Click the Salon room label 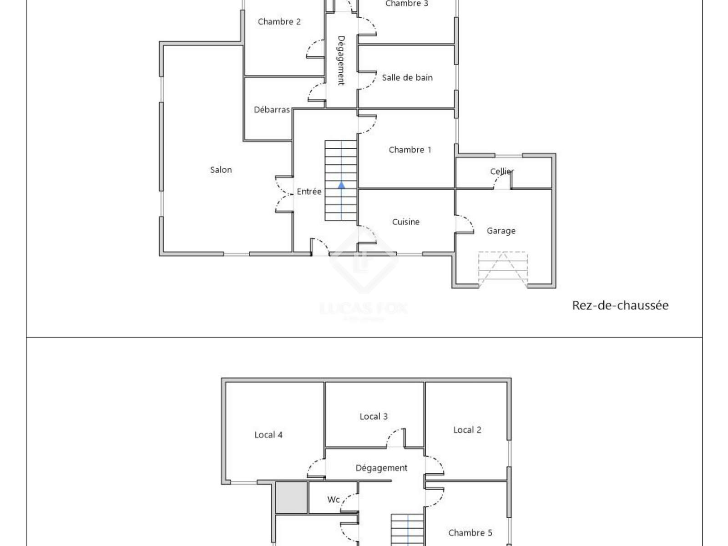click(x=221, y=170)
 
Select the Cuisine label click(x=405, y=222)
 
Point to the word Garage click(x=501, y=231)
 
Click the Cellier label click(x=502, y=172)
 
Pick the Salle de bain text click(x=407, y=77)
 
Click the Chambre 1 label click(x=410, y=150)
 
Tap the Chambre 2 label click(x=279, y=21)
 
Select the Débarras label click(x=272, y=109)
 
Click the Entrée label click(x=309, y=191)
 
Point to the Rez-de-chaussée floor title click(x=620, y=305)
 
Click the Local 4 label click(x=268, y=435)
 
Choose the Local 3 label click(x=374, y=416)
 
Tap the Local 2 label click(x=467, y=430)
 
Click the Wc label click(x=334, y=499)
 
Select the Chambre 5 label click(x=470, y=533)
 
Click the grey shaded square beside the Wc click(x=291, y=498)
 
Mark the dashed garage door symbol click(x=503, y=269)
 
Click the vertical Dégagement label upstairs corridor click(x=341, y=61)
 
